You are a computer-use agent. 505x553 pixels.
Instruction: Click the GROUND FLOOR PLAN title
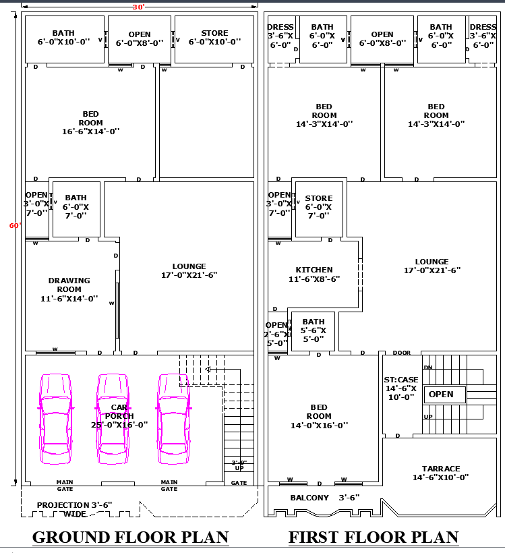click(130, 537)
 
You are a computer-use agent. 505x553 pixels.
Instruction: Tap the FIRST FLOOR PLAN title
click(374, 537)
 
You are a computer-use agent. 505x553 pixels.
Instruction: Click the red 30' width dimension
click(138, 7)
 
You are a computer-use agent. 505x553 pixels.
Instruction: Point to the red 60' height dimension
click(15, 226)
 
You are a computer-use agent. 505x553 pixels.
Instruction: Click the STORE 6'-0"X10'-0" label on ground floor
click(214, 37)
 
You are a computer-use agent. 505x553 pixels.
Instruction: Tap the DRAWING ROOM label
click(69, 289)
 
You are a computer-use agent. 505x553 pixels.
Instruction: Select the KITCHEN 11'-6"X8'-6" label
click(314, 274)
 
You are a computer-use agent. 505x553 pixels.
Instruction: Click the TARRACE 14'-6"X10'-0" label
click(441, 473)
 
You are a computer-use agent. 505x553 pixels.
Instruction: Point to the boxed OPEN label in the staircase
click(441, 394)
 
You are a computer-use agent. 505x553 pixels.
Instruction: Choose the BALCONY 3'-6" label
click(325, 498)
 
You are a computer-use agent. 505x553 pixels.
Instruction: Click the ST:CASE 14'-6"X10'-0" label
click(400, 388)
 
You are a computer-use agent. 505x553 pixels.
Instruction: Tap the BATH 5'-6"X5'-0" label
click(314, 330)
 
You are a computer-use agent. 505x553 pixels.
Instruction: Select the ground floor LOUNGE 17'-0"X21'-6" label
click(189, 270)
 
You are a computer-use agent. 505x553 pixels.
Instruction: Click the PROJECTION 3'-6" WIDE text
click(74, 509)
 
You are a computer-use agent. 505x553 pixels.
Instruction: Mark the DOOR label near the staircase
click(402, 353)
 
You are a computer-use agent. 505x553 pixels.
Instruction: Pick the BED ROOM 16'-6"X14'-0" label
click(90, 123)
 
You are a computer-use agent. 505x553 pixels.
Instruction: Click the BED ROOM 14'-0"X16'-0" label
click(319, 416)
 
